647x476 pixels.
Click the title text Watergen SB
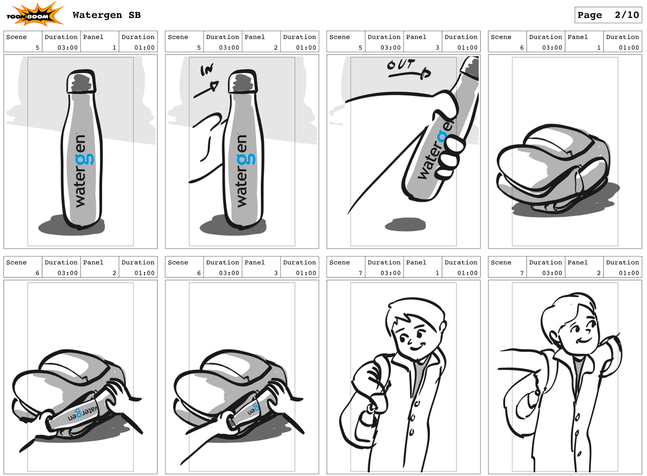click(x=106, y=15)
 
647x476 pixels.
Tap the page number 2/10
click(x=626, y=15)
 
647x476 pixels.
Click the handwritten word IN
click(x=207, y=70)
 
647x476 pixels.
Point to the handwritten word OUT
click(x=401, y=64)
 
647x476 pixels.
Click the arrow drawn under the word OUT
click(x=410, y=74)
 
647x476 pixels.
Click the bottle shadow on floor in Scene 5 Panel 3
click(x=405, y=224)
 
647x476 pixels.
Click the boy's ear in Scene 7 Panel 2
click(x=554, y=336)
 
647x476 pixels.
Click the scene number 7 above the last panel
click(x=522, y=273)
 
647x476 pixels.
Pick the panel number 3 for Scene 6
click(x=276, y=273)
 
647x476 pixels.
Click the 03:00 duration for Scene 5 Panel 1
click(x=67, y=47)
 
